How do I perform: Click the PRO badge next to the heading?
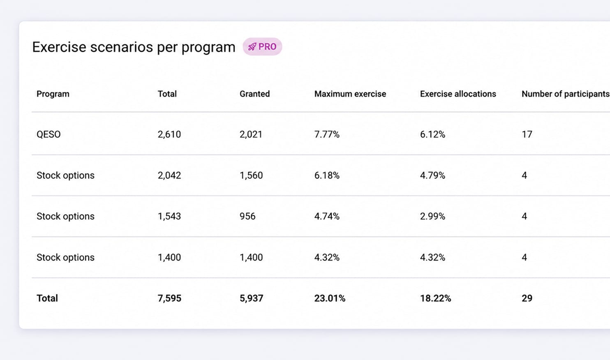262,46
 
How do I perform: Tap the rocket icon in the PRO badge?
252,47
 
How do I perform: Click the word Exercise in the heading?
59,47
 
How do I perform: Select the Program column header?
53,94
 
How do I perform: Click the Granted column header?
254,94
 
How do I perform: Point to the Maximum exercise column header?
350,94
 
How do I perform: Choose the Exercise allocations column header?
458,94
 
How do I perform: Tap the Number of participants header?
565,94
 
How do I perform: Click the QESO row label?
49,134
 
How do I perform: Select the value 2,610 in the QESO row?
169,134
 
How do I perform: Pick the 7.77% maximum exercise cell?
327,134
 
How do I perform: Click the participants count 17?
527,134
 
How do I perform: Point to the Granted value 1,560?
251,175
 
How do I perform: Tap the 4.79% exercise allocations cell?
432,175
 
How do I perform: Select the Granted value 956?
247,216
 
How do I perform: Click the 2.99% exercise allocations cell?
432,216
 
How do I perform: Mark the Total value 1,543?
169,216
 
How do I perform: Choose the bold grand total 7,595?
169,298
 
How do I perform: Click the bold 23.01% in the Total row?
330,298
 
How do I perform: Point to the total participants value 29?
527,298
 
